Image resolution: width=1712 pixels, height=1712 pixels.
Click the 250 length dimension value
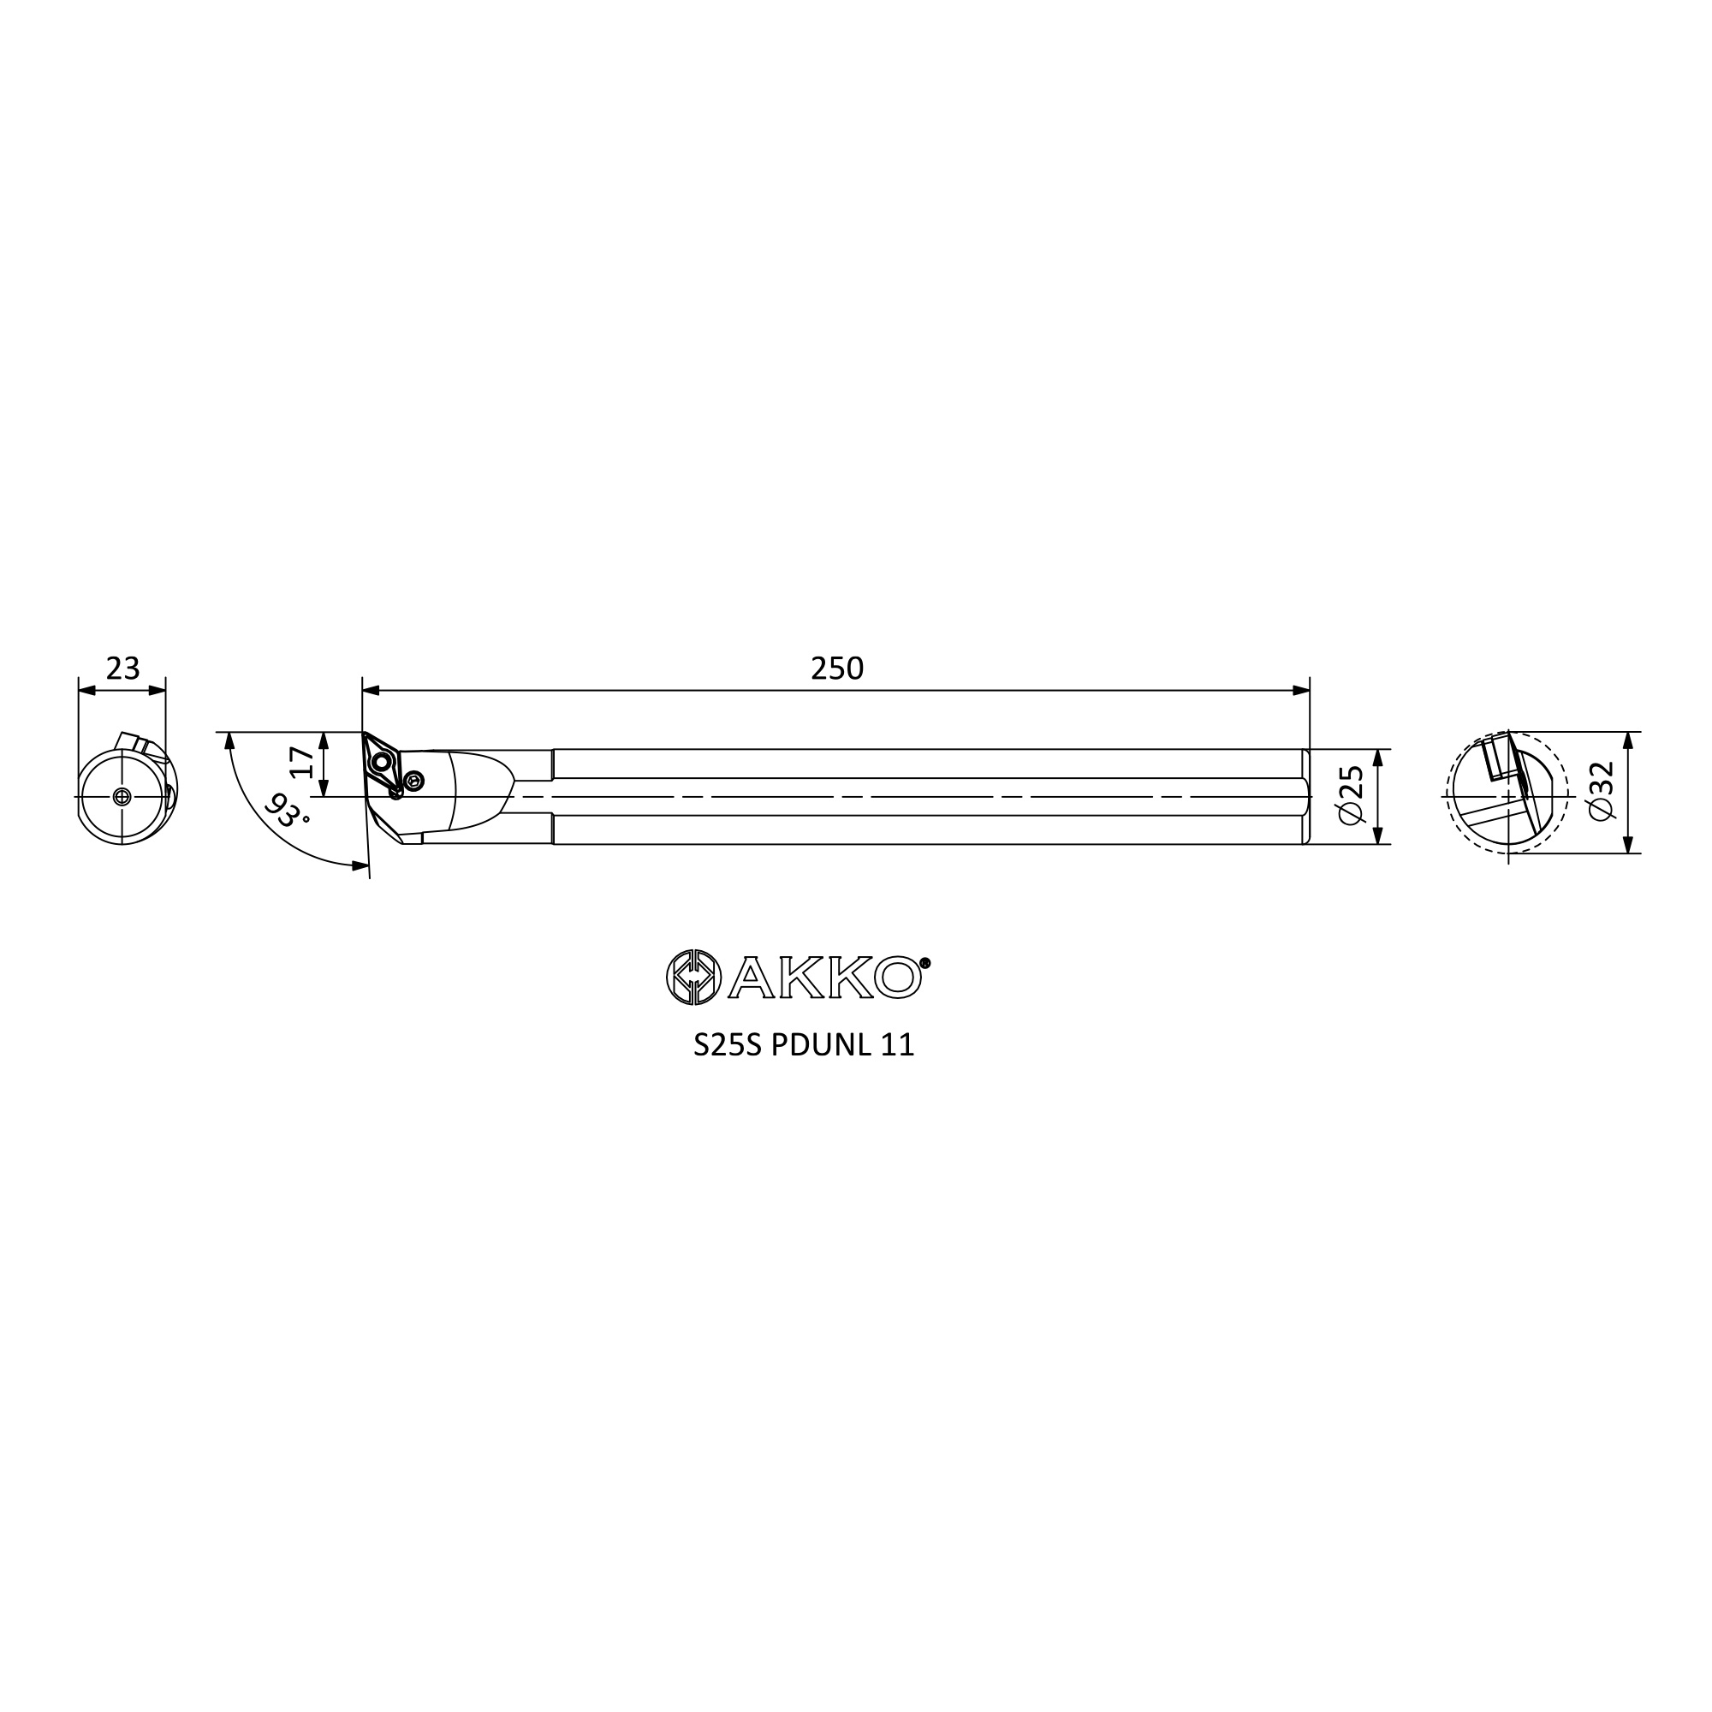(x=836, y=669)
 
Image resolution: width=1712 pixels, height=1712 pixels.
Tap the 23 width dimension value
(x=122, y=669)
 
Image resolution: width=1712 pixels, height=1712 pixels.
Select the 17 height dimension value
(x=303, y=762)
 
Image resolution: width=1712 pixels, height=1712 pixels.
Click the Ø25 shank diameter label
(x=1352, y=796)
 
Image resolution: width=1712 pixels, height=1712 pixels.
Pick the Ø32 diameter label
(x=1602, y=791)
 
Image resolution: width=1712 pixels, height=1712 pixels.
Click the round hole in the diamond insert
(x=382, y=761)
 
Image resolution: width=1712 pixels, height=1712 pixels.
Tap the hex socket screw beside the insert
(x=413, y=781)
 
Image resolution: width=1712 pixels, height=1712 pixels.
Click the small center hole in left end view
(x=122, y=797)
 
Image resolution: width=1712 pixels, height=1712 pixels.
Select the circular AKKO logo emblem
(x=694, y=978)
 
